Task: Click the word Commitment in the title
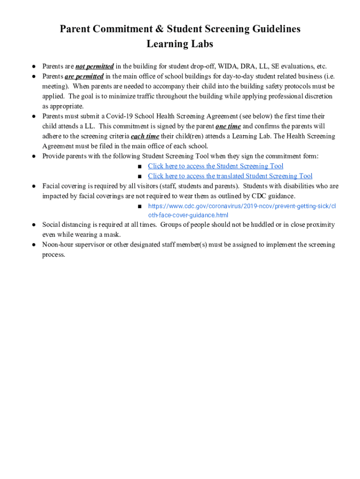(120, 29)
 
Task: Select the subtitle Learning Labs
(180, 44)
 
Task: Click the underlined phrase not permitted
(94, 66)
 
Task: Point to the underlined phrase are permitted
(84, 76)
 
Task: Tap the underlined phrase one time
(228, 126)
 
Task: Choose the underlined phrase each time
(145, 136)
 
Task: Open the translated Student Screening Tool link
(230, 176)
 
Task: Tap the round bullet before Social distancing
(34, 225)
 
